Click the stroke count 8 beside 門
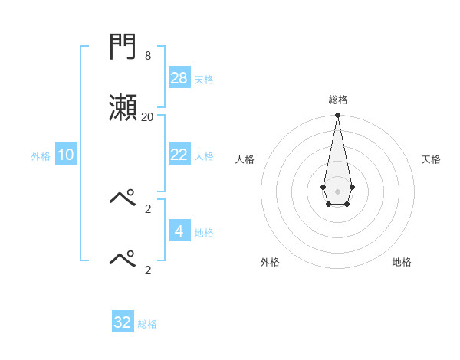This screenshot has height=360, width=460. (147, 56)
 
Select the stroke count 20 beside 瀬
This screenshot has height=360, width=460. (147, 116)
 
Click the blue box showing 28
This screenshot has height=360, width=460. (179, 77)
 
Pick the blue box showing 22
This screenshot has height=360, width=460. (179, 155)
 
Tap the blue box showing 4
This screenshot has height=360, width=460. (179, 231)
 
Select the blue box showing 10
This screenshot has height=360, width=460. (66, 155)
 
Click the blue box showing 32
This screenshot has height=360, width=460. (123, 322)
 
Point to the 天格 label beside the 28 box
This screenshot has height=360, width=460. (204, 79)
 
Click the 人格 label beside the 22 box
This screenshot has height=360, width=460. (204, 156)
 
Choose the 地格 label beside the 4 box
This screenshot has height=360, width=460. (204, 232)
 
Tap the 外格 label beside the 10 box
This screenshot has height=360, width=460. (41, 156)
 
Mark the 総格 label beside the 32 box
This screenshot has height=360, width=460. (147, 324)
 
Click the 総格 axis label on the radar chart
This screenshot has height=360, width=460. (337, 100)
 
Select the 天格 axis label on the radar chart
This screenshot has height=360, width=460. (431, 159)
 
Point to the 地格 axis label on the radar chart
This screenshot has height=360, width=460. (402, 262)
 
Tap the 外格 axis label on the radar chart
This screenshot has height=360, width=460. (270, 262)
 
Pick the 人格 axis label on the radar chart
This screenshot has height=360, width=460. (245, 159)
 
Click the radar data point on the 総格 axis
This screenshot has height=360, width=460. (337, 116)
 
